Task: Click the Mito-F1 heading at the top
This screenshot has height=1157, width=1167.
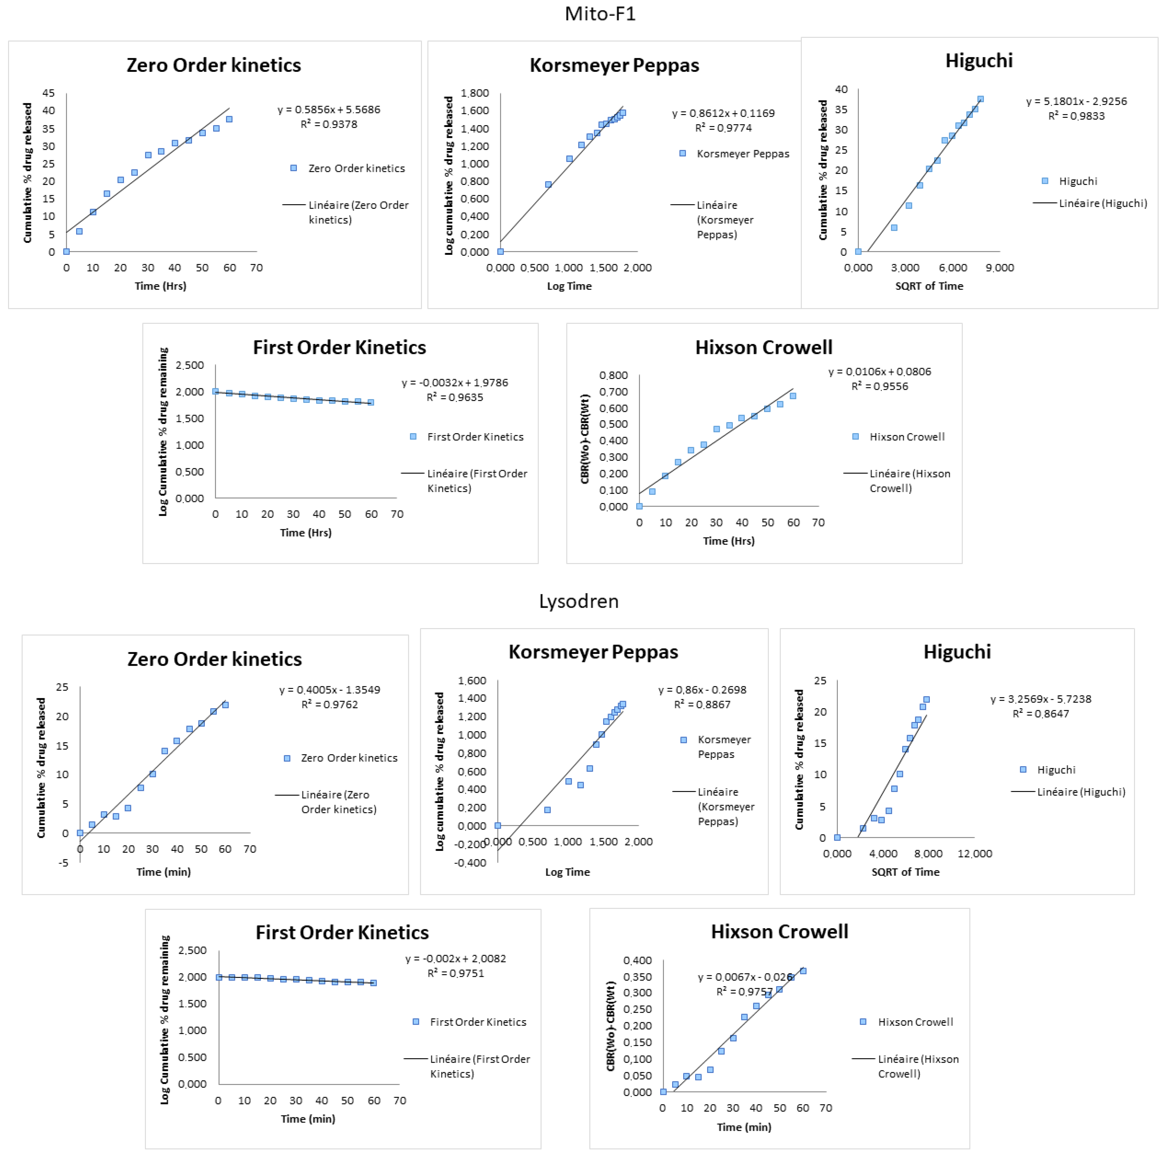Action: pos(600,14)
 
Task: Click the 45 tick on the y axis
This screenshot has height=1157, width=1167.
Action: pos(48,93)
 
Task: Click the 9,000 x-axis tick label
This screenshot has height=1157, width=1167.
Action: pos(1000,268)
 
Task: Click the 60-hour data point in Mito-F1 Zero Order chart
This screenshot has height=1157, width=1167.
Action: pos(229,119)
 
